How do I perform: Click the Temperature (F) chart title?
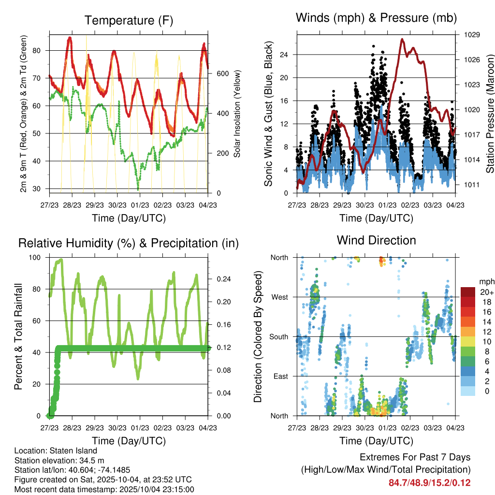tap(128, 20)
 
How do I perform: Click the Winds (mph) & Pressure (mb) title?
tap(376, 18)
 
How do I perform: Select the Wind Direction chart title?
tap(376, 240)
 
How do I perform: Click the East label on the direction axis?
tap(280, 376)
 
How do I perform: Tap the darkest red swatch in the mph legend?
tap(468, 292)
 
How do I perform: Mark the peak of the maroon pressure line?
tap(402, 39)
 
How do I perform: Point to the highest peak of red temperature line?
tap(70, 37)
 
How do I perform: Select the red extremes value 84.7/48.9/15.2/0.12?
tap(429, 482)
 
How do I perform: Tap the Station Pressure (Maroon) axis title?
tap(490, 107)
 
